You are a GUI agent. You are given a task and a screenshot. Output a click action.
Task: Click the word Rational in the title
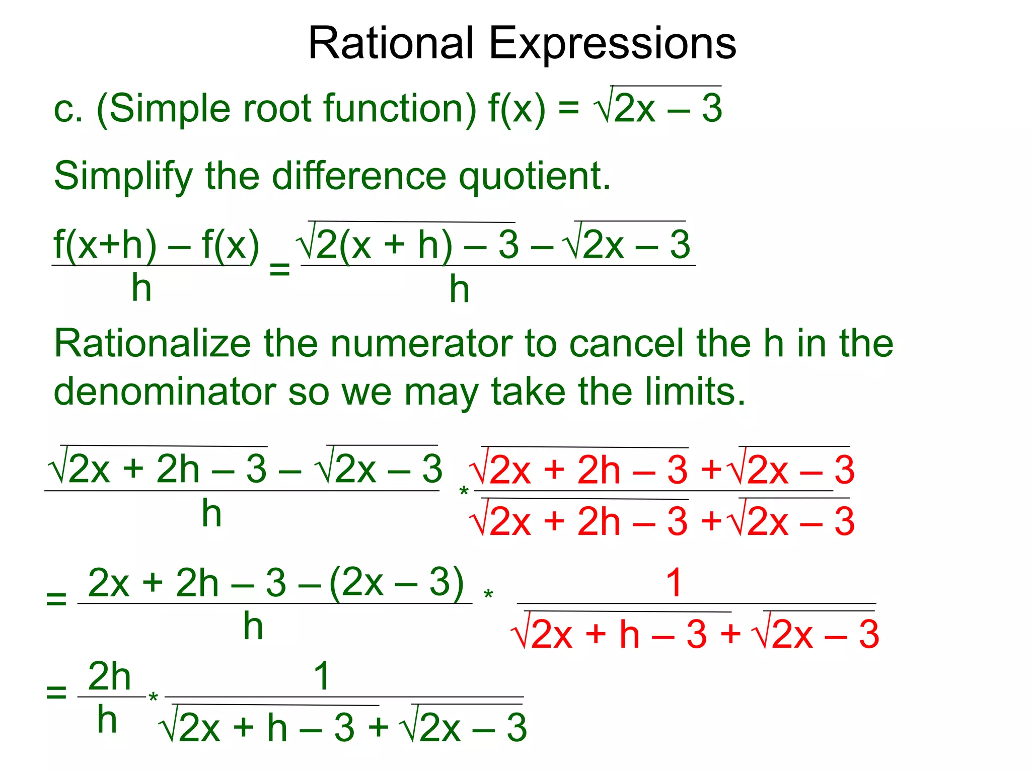tap(391, 43)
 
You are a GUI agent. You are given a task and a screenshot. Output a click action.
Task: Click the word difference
tap(359, 176)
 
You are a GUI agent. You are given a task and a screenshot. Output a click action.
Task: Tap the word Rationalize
tap(152, 343)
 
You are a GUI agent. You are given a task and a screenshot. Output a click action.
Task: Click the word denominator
tap(165, 392)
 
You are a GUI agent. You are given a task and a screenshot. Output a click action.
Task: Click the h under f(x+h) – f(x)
tap(141, 288)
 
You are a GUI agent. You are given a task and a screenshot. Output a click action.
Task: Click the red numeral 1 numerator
tap(674, 583)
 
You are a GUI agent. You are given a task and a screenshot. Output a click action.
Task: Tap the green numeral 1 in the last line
tap(322, 676)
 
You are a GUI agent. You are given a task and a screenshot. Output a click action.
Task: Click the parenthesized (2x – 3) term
tap(396, 582)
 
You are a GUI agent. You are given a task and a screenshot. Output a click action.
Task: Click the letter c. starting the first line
tap(68, 109)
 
